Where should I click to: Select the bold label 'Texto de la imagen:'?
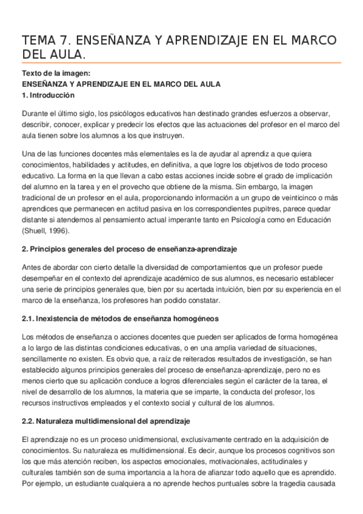(x=50, y=74)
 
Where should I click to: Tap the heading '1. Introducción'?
(x=48, y=95)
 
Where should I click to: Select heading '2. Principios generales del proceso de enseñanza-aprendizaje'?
(x=128, y=250)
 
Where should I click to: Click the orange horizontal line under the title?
(x=181, y=63)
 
